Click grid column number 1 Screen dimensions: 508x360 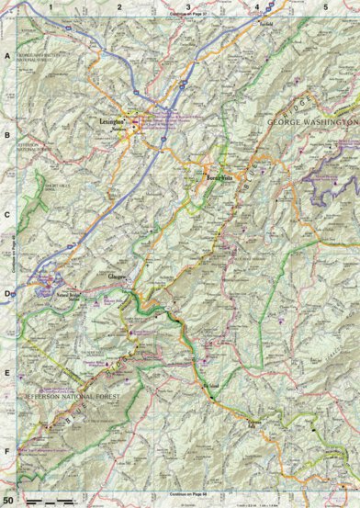pyautogui.click(x=51, y=6)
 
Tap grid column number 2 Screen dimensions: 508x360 pyautogui.click(x=119, y=6)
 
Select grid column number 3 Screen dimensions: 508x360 pyautogui.click(x=188, y=6)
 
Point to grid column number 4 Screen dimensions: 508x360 pyautogui.click(x=256, y=6)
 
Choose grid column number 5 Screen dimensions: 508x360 pyautogui.click(x=324, y=6)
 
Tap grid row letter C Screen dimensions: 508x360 pyautogui.click(x=6, y=214)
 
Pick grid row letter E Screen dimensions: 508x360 pyautogui.click(x=6, y=374)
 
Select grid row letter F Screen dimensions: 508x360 pyautogui.click(x=6, y=452)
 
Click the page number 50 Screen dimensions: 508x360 pyautogui.click(x=8, y=498)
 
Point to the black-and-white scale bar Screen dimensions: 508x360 pyautogui.click(x=48, y=499)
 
